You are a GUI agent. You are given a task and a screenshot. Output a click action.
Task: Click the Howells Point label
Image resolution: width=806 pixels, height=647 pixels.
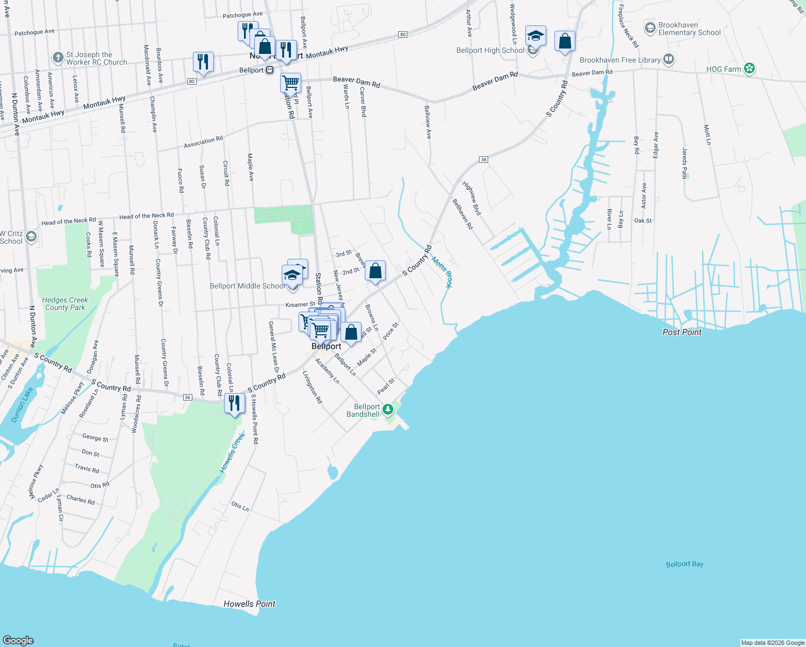coord(249,604)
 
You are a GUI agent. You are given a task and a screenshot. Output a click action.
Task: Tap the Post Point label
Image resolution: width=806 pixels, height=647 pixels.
coord(682,332)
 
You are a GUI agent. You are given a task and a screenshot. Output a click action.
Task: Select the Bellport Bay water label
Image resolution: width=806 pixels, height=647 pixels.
coord(684,564)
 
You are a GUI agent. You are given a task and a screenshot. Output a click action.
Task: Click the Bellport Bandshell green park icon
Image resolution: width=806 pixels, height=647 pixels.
coord(388,410)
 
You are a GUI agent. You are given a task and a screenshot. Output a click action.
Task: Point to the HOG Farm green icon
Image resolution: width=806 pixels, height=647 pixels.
coord(749,68)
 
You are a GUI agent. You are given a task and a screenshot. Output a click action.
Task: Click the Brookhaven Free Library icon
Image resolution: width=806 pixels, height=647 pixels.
coord(669,59)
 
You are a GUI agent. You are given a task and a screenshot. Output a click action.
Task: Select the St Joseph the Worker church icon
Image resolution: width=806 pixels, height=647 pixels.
coord(58,58)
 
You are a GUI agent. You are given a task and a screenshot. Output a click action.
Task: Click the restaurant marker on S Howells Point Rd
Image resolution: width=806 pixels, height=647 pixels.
coord(234,403)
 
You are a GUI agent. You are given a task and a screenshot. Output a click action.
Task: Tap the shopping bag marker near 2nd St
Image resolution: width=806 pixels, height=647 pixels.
coord(375,271)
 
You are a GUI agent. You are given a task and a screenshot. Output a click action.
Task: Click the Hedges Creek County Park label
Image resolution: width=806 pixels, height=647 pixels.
coord(65,304)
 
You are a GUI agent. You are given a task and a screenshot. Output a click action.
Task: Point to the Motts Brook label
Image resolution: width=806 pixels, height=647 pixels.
coord(442,272)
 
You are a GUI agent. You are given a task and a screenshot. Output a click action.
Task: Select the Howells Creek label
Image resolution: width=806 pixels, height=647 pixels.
coord(232,453)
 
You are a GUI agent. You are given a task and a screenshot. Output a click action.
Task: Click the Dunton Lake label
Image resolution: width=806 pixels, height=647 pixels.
coord(22,405)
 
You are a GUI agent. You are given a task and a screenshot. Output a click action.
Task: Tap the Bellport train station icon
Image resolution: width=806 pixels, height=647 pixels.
coord(270,70)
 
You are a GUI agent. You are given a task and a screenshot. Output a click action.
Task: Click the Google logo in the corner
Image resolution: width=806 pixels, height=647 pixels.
coord(18,640)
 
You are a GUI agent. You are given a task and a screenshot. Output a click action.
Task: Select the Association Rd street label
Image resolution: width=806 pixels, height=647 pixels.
coord(203,142)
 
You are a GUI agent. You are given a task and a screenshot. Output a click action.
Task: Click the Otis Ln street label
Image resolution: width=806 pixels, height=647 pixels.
coord(240,506)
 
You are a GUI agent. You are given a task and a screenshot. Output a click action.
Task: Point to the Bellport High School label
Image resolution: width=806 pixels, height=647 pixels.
coord(490,50)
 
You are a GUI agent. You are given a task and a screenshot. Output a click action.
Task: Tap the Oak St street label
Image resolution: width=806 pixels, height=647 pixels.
coord(643,221)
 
